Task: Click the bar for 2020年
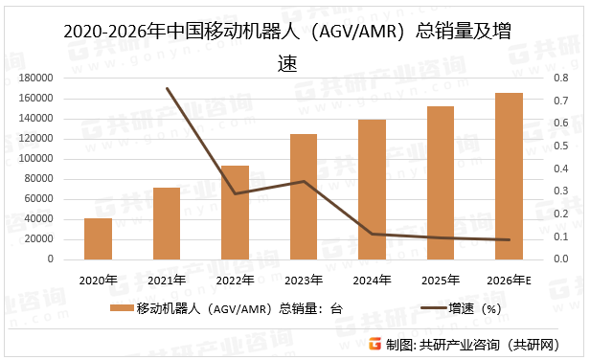pos(98,239)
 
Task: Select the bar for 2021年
pos(167,224)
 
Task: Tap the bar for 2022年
pos(235,213)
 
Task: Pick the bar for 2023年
pos(304,197)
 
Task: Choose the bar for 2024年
pos(372,190)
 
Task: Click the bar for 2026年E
pos(509,176)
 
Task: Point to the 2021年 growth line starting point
pos(167,88)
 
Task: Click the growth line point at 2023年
pos(304,181)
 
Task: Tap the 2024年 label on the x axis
pos(372,281)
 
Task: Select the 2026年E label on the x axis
pos(509,281)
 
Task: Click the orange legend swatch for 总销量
pos(122,308)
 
